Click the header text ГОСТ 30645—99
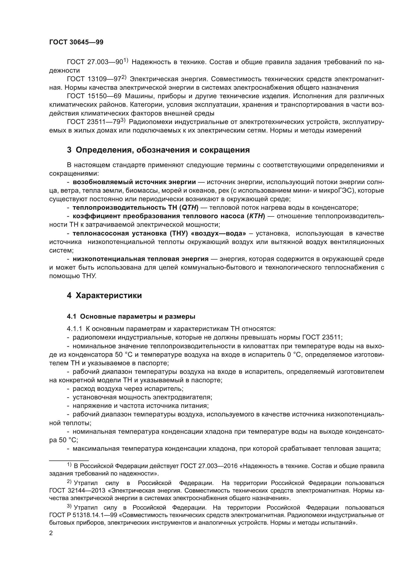click(76, 42)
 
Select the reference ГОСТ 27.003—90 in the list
click(95, 62)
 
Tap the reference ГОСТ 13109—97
click(94, 79)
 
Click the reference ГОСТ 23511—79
click(94, 122)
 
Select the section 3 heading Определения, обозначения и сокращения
click(158, 150)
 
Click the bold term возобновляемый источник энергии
click(134, 182)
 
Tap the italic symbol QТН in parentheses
click(189, 208)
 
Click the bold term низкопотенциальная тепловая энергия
click(140, 259)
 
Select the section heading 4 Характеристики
click(104, 296)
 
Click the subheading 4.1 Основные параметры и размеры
click(131, 317)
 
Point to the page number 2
click(51, 533)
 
